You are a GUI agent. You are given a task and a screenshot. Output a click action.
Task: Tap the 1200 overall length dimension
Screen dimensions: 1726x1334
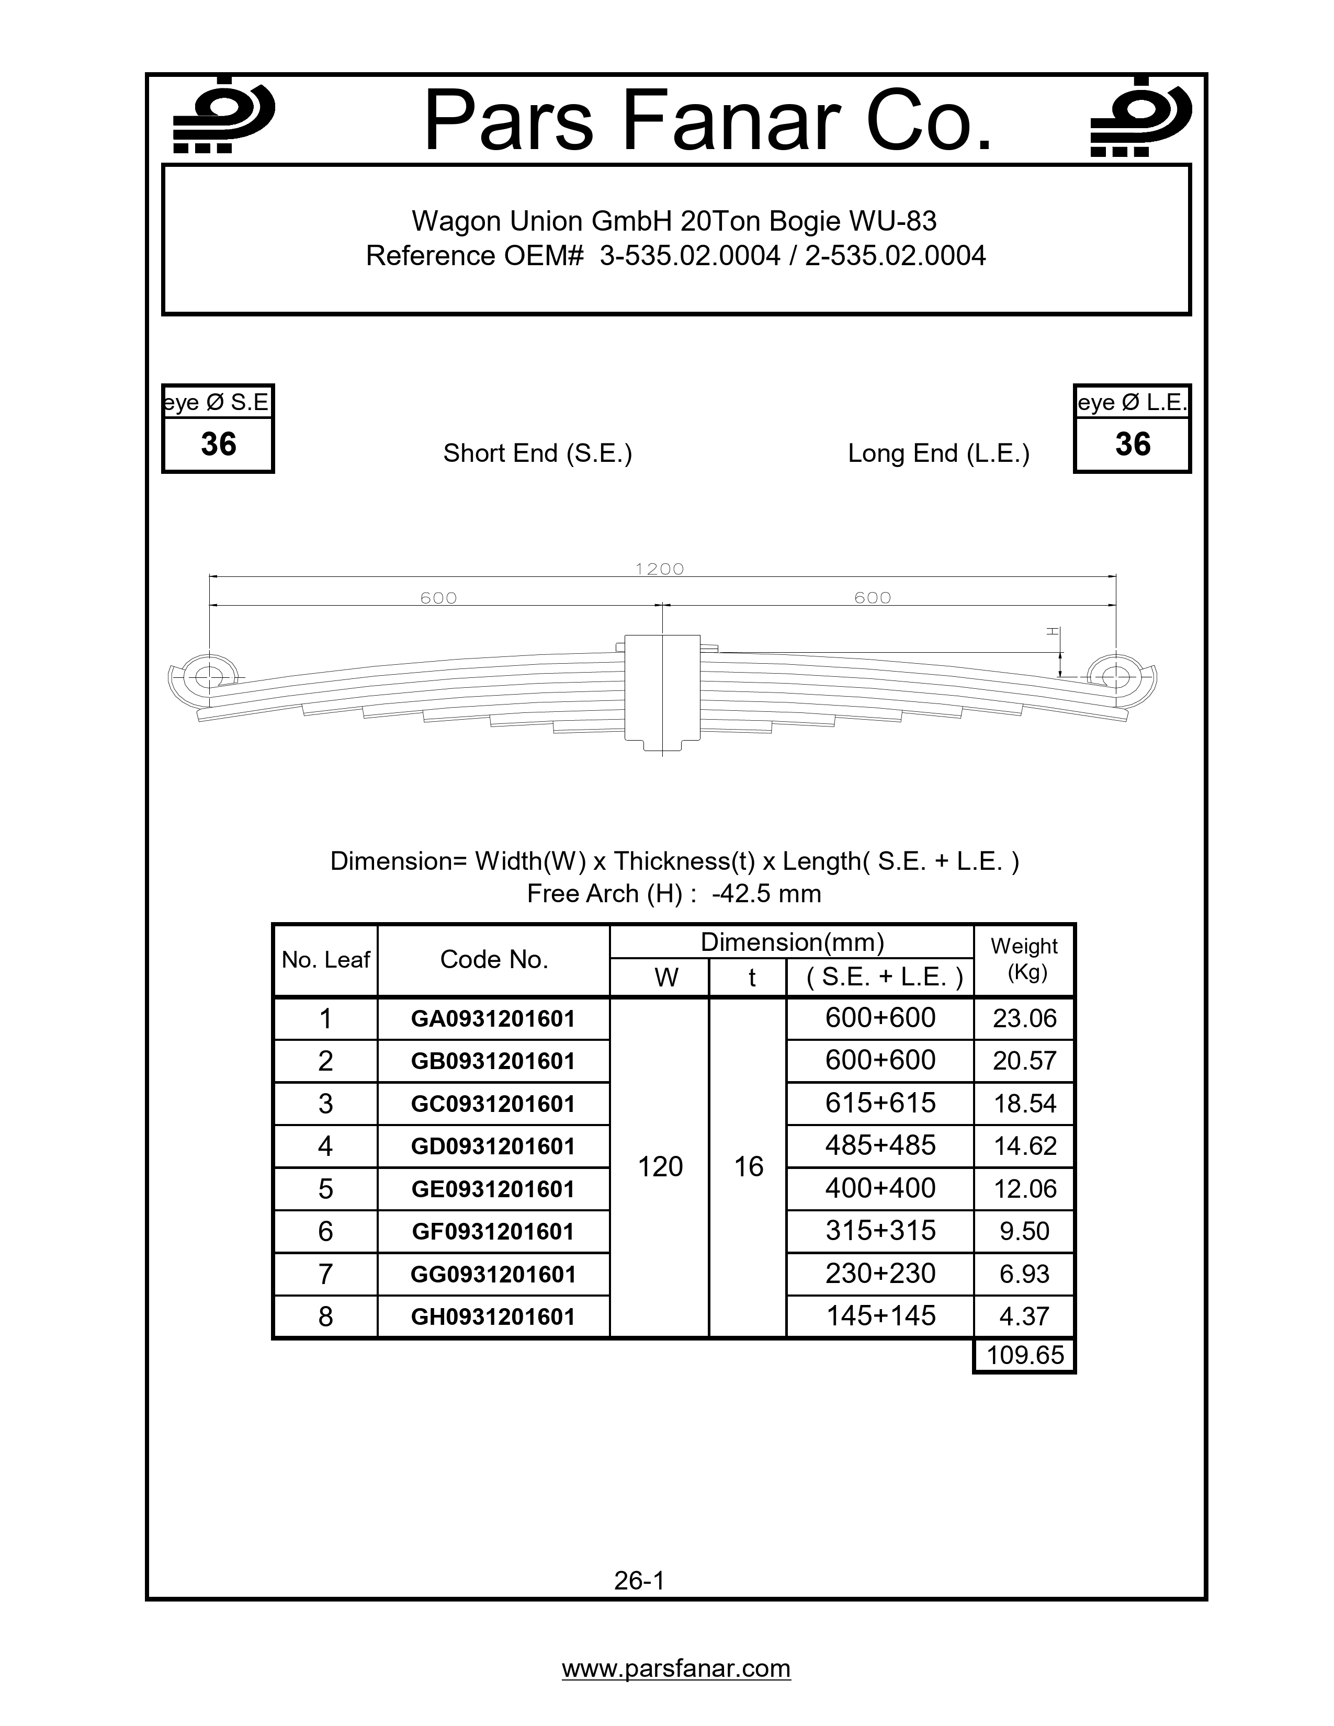[659, 569]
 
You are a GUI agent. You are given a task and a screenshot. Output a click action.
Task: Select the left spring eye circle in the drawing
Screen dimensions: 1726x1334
[209, 676]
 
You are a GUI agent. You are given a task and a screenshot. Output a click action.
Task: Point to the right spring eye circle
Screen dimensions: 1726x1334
[1115, 676]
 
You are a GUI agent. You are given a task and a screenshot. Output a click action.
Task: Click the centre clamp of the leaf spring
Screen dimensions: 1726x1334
[662, 691]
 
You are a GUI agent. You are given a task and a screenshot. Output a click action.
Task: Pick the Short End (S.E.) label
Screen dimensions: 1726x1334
[537, 453]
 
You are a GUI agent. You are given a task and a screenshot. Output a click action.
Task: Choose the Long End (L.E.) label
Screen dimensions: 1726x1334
[939, 453]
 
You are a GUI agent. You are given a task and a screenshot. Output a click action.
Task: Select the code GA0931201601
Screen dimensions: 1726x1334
[493, 1019]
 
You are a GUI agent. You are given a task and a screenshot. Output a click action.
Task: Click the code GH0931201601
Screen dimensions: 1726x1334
[493, 1316]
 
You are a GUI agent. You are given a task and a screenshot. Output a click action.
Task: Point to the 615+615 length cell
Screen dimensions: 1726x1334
[880, 1103]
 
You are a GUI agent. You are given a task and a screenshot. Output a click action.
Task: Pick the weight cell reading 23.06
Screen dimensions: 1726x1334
[1024, 1019]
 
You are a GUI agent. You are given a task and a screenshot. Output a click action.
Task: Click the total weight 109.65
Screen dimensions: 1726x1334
[1024, 1355]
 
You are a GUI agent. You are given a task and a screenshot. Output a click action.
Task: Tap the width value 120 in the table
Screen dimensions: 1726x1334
[660, 1166]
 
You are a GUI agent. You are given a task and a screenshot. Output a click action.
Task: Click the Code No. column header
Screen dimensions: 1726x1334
[494, 959]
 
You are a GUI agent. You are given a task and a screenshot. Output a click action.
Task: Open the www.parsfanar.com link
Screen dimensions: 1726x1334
[676, 1668]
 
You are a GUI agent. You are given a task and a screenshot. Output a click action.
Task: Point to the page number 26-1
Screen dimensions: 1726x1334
[639, 1580]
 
